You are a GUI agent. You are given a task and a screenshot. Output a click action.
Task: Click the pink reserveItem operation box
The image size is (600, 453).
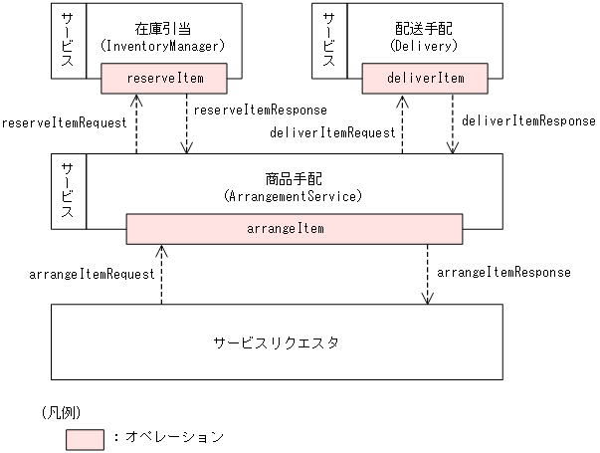164,77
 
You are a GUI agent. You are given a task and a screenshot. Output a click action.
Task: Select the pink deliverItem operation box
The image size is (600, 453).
426,77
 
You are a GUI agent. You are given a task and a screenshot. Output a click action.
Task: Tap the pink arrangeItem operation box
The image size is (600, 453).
296,228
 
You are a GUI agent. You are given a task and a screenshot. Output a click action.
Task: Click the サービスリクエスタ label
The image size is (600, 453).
276,341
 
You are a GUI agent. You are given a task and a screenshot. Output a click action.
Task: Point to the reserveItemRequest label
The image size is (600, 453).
64,123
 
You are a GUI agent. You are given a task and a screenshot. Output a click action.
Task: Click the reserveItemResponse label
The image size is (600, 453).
260,109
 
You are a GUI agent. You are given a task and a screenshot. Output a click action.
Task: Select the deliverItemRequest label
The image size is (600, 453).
332,131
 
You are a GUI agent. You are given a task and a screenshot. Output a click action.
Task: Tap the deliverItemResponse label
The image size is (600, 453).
528,120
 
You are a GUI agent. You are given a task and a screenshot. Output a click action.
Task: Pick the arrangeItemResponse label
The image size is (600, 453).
503,271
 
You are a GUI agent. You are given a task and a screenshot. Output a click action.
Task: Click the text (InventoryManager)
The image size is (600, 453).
163,46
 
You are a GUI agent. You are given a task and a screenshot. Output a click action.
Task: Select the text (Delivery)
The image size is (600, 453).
426,46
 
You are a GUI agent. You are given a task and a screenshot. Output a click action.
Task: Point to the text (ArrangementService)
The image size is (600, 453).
294,197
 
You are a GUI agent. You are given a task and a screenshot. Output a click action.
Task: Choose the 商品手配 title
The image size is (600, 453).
294,180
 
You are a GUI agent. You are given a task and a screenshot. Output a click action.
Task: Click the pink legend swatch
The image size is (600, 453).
86,436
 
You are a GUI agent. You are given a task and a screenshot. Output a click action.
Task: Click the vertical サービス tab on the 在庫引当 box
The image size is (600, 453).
67,40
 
